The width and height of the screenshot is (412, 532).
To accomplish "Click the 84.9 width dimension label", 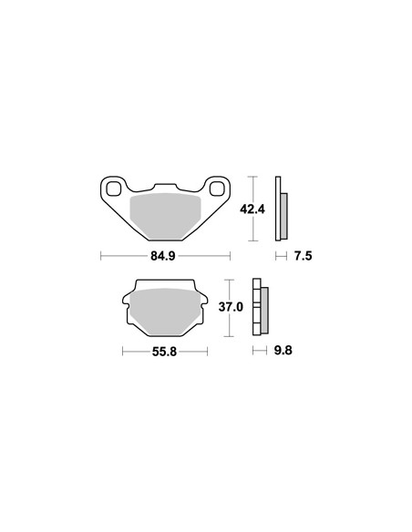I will (163, 256).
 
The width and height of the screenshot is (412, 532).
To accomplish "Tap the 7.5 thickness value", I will (303, 256).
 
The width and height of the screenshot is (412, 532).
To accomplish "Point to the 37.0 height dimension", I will (232, 307).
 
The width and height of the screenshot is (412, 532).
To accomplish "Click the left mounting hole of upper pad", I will (115, 189).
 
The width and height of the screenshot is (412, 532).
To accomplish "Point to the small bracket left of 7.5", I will (280, 256).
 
